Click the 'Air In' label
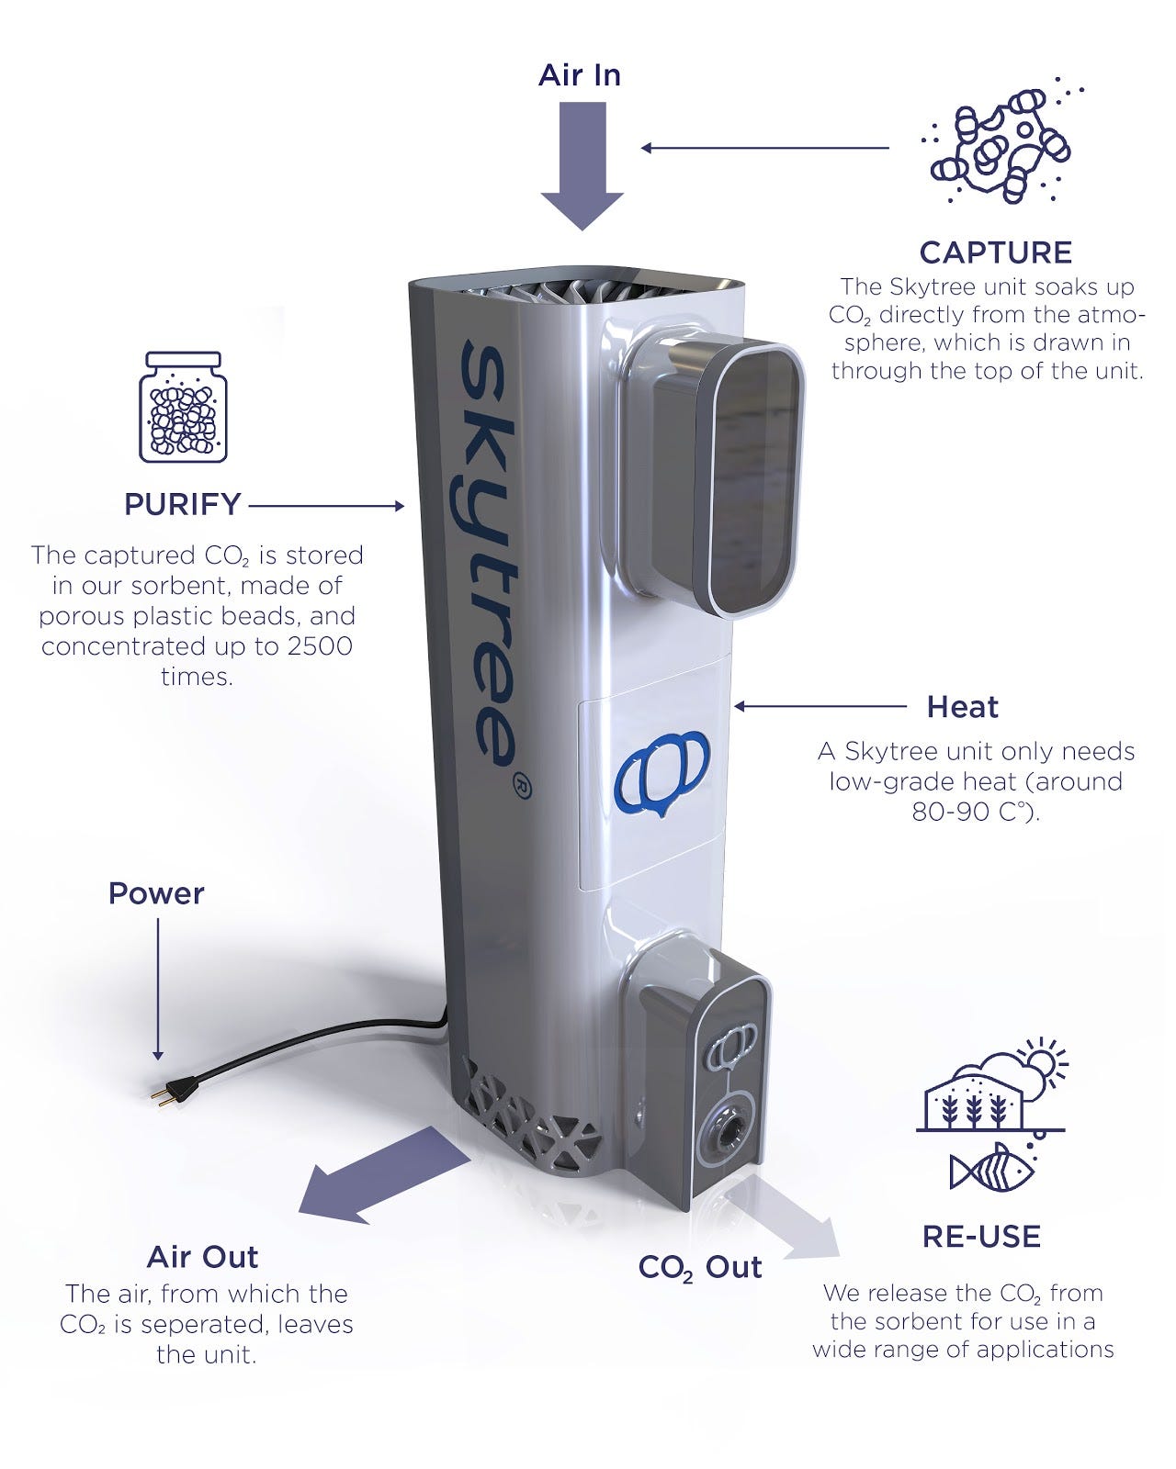[x=580, y=75]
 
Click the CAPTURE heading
[x=995, y=252]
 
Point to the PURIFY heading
[x=183, y=504]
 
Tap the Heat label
[x=962, y=707]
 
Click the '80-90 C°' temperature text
[x=974, y=813]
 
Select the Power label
[x=156, y=893]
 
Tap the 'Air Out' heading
[x=202, y=1257]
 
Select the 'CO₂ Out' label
[x=700, y=1268]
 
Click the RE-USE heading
[x=981, y=1237]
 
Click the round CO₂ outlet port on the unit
[x=721, y=1136]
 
